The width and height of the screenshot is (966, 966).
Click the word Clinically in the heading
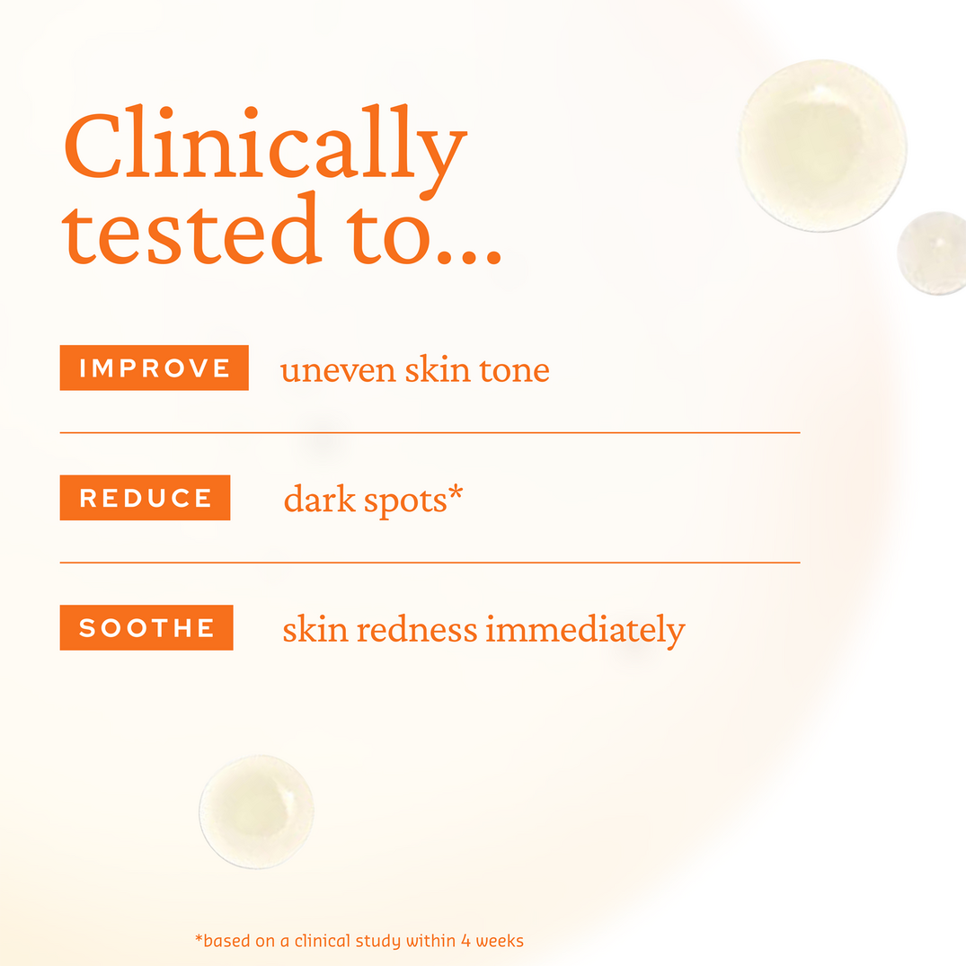point(265,148)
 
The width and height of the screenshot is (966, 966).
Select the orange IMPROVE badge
point(154,368)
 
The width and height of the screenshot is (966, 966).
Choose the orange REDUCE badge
point(145,498)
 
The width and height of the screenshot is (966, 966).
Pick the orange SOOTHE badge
point(146,627)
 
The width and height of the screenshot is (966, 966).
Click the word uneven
point(338,370)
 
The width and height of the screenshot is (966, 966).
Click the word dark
point(320,500)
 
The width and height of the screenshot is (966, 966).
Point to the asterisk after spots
point(455,492)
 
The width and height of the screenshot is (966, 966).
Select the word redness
point(416,629)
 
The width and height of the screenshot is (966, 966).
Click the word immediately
point(585,631)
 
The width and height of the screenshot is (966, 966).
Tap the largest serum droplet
point(821,144)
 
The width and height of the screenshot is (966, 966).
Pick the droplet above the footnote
point(257,811)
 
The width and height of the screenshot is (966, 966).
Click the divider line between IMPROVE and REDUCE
point(430,432)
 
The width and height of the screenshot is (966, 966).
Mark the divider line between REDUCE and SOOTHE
point(430,563)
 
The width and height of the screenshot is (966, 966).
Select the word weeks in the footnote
point(500,941)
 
